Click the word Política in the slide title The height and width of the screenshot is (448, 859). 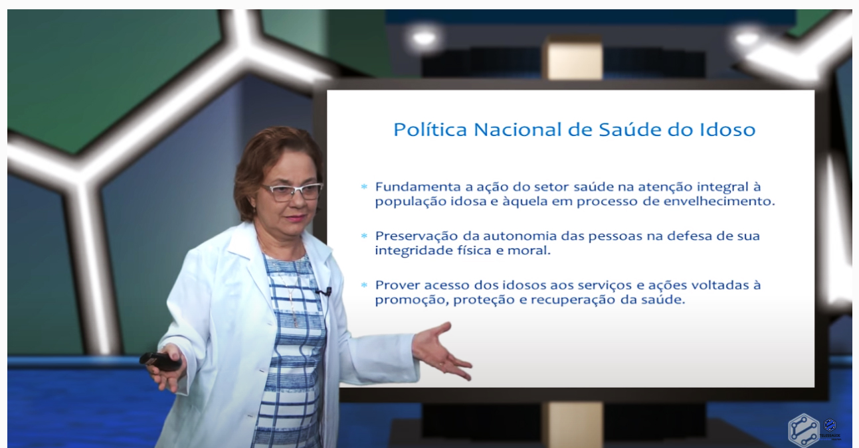point(430,129)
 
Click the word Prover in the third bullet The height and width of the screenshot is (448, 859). point(397,285)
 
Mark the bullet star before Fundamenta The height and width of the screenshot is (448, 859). point(364,187)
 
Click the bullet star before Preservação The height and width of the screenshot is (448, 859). point(364,236)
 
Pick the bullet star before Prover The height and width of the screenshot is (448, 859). point(364,285)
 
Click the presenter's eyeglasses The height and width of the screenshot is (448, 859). point(292,192)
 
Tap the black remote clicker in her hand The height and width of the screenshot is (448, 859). point(160,361)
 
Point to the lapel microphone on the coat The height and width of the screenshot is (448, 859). point(324,292)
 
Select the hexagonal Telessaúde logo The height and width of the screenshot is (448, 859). point(804,430)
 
